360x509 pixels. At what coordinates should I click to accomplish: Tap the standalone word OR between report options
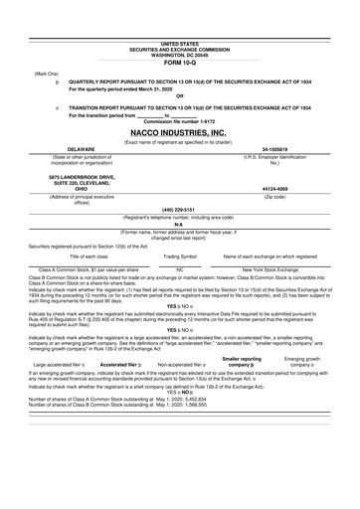(179, 95)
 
